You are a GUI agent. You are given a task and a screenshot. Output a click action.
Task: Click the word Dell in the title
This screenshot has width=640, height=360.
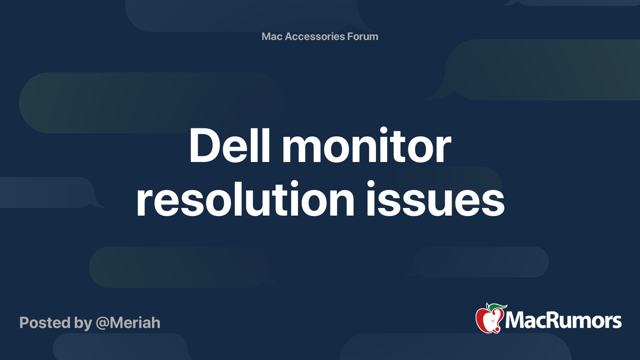[230, 146]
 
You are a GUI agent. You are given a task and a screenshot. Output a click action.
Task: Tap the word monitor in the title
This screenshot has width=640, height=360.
[366, 146]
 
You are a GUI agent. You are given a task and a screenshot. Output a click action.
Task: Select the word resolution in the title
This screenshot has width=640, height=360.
[245, 199]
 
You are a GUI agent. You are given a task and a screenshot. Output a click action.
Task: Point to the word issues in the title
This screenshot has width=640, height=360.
[435, 199]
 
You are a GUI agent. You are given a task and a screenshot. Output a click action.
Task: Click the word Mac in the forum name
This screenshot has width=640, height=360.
[272, 36]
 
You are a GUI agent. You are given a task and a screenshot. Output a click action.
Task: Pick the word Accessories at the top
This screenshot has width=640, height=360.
[315, 36]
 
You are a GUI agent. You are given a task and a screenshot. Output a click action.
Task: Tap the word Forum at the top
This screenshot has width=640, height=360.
[362, 36]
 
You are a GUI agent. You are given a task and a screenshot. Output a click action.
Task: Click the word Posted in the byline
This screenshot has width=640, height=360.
[45, 323]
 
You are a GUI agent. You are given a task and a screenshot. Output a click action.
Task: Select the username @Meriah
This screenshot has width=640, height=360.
[128, 323]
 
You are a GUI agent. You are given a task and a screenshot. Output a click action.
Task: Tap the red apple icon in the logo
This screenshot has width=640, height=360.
[488, 319]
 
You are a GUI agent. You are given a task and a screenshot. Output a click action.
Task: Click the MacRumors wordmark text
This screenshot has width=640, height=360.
[563, 320]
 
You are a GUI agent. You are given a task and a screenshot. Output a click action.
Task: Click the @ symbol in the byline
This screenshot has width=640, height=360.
[102, 323]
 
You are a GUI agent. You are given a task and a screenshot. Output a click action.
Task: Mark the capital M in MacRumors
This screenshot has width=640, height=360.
[515, 320]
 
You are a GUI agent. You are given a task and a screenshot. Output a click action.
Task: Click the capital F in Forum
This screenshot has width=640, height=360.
[350, 36]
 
